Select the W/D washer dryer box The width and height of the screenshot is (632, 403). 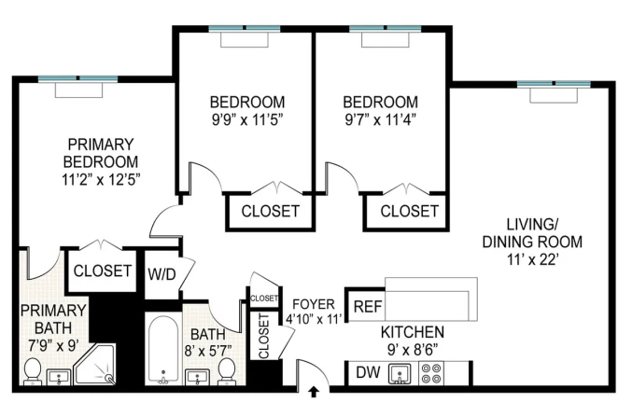coord(162,273)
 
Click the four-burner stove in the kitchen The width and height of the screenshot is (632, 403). coord(431,373)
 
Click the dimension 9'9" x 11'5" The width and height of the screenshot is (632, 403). coord(246,119)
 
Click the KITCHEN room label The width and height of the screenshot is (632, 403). coord(412,332)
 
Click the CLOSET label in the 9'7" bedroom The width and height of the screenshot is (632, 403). coord(409,211)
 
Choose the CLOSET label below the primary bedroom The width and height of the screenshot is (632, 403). coord(102,271)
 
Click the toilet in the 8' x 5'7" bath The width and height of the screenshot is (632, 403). coord(226,370)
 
